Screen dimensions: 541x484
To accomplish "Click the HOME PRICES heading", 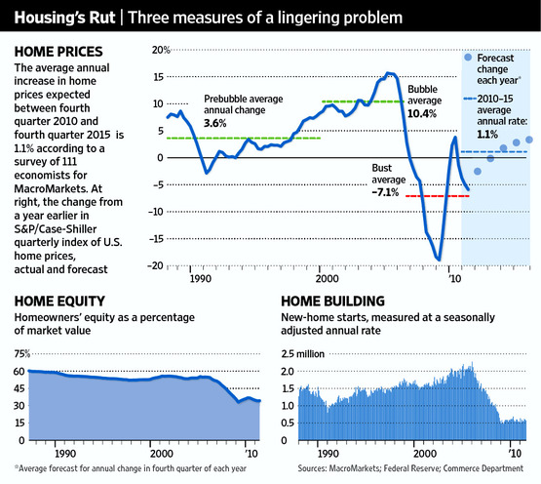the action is pyautogui.click(x=58, y=52).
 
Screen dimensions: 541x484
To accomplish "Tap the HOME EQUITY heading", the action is pyautogui.click(x=59, y=302).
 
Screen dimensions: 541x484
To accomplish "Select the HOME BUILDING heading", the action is pyautogui.click(x=332, y=302).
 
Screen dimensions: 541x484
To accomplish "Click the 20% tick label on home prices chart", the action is pyautogui.click(x=161, y=50).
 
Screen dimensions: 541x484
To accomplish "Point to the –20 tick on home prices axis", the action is pyautogui.click(x=155, y=265).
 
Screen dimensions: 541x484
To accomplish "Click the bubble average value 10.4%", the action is pyautogui.click(x=422, y=113).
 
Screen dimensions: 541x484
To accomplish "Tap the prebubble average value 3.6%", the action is pyautogui.click(x=215, y=123).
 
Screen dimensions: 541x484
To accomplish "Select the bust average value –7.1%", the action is pyautogui.click(x=385, y=192).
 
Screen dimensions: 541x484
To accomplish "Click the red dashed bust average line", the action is pyautogui.click(x=437, y=196).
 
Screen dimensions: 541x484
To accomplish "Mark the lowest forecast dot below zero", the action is pyautogui.click(x=478, y=172).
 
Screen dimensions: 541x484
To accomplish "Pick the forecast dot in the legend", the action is pyautogui.click(x=468, y=58).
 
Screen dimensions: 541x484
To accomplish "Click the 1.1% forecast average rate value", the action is pyautogui.click(x=487, y=134).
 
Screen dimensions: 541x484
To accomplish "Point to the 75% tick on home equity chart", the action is pyautogui.click(x=22, y=354).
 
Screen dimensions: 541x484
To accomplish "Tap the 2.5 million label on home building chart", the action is pyautogui.click(x=302, y=354).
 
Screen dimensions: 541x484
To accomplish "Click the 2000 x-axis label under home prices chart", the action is pyautogui.click(x=328, y=278).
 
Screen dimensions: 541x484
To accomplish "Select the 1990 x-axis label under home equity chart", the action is pyautogui.click(x=65, y=453).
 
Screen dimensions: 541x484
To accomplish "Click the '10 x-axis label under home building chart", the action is pyautogui.click(x=516, y=453).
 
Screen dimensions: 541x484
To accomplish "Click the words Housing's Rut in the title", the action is pyautogui.click(x=64, y=18).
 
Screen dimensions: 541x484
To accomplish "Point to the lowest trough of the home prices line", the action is pyautogui.click(x=439, y=260).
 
